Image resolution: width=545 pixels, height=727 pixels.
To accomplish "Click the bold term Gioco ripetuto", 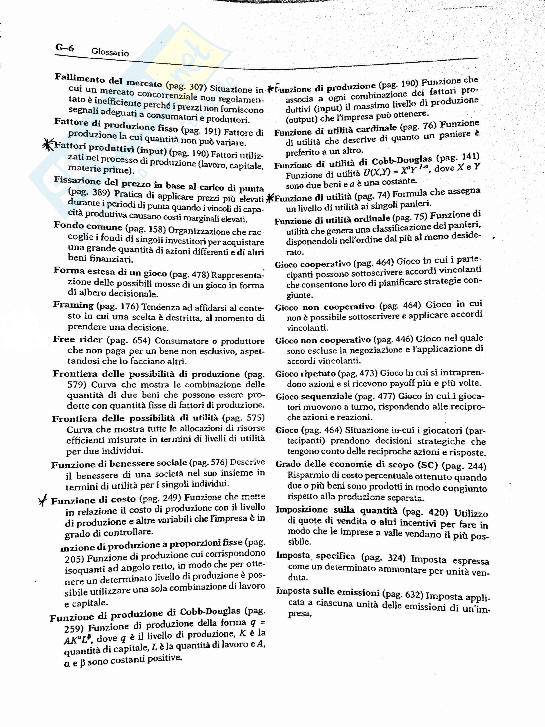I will (305, 374).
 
